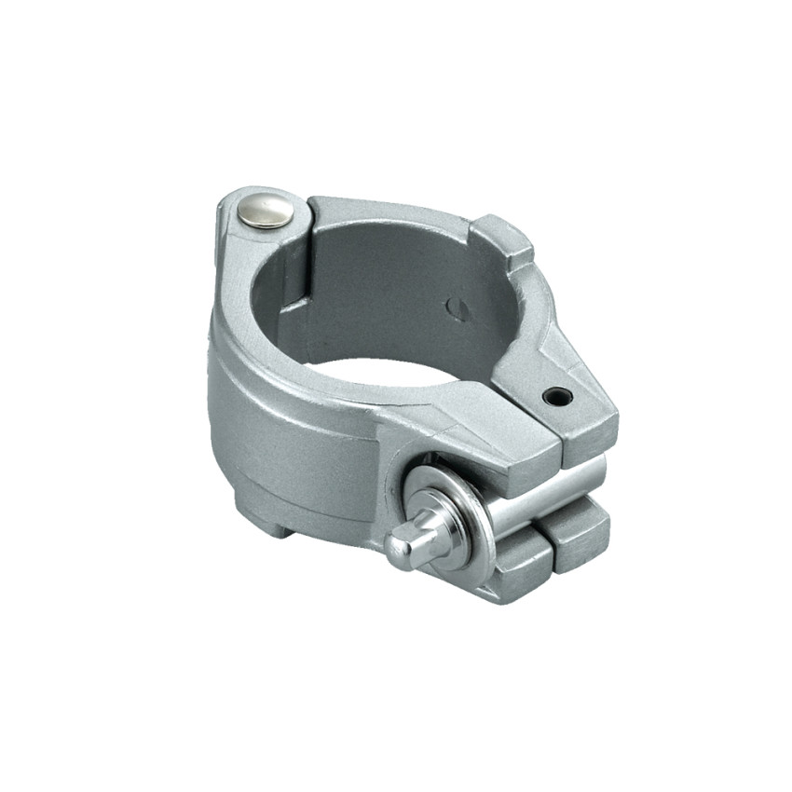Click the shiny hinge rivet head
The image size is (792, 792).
click(265, 210)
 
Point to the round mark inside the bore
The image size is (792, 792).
click(457, 308)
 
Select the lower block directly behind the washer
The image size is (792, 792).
click(518, 559)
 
